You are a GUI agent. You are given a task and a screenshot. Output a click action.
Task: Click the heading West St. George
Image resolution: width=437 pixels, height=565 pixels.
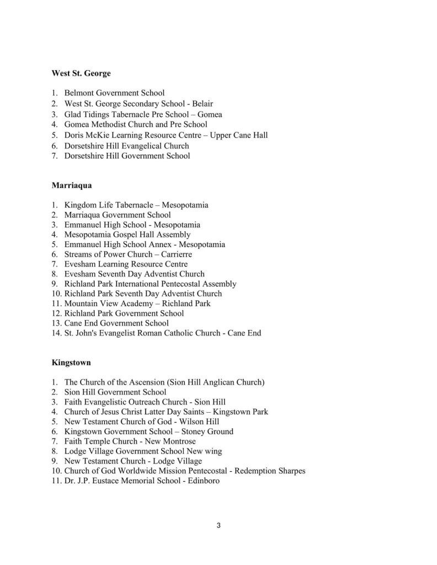point(81,73)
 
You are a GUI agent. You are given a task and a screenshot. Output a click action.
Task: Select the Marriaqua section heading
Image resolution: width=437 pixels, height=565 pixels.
point(72,185)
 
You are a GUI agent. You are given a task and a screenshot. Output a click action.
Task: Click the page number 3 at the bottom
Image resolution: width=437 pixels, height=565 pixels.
point(218,525)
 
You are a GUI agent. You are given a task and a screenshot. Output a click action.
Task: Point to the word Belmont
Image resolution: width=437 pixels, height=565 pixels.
point(79,93)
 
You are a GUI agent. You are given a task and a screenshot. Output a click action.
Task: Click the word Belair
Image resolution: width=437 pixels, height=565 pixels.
point(202,103)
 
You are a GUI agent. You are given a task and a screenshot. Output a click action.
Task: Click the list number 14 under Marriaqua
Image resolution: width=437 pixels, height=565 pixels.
point(56,333)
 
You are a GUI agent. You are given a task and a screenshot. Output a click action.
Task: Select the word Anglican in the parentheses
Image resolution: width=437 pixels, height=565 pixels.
point(219,382)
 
